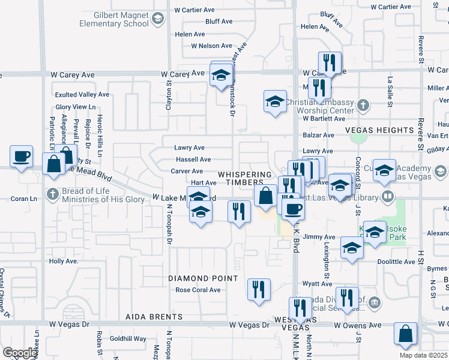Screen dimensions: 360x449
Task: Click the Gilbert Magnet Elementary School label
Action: [x=114, y=19]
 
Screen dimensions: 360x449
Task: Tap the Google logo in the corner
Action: [x=20, y=353]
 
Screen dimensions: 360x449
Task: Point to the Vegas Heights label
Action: [x=379, y=130]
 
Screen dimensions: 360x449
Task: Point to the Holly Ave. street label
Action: [x=64, y=261]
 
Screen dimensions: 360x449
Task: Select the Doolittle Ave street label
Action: [x=397, y=262]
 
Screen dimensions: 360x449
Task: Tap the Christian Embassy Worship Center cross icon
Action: [x=362, y=106]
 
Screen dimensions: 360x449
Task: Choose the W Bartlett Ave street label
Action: [x=324, y=118]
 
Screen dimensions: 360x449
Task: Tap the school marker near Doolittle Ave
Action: [x=351, y=247]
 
